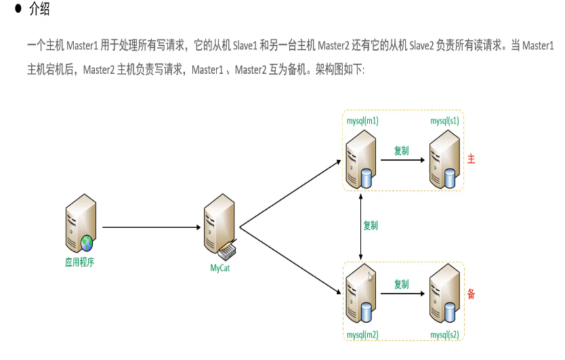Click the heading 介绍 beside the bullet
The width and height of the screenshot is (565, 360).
(39, 11)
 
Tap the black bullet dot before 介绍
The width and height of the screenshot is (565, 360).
(18, 10)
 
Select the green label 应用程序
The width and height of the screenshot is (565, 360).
(79, 262)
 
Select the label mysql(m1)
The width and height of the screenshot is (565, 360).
(362, 121)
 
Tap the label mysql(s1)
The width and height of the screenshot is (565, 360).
(444, 121)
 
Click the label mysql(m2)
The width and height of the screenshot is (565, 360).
(362, 335)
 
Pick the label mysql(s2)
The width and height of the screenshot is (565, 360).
(444, 335)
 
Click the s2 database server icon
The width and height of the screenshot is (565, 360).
(443, 296)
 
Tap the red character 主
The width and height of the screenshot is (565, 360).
(472, 159)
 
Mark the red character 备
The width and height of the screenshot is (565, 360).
(472, 294)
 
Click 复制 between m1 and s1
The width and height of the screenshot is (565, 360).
(402, 151)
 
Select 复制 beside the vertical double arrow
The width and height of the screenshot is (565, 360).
(371, 224)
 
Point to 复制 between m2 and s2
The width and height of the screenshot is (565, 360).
(402, 285)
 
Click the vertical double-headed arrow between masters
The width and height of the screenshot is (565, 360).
(360, 225)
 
